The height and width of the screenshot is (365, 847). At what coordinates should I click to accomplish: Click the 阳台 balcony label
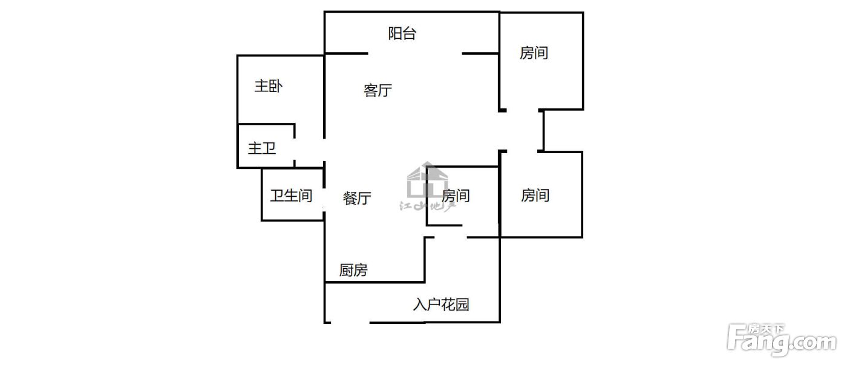tap(402, 33)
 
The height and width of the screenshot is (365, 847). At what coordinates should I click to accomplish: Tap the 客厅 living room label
tap(378, 90)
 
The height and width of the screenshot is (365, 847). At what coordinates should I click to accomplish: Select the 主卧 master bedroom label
tap(268, 86)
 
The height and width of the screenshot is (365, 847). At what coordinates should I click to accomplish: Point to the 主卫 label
tap(261, 148)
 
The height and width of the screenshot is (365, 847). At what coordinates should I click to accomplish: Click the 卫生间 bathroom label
tap(291, 196)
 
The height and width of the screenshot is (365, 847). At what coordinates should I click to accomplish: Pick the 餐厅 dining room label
tap(356, 198)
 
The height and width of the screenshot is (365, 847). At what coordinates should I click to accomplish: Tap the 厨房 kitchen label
tap(353, 270)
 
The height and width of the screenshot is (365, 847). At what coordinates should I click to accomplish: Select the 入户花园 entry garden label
tap(441, 304)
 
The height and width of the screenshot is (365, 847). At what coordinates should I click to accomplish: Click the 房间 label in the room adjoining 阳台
tap(534, 53)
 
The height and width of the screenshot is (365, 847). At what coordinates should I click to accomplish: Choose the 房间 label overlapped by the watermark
tap(456, 196)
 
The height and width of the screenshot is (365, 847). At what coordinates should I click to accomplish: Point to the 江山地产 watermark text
tap(427, 205)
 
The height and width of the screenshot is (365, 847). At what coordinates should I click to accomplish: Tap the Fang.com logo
tap(782, 340)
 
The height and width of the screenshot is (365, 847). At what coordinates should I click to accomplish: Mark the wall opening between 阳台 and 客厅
tap(415, 53)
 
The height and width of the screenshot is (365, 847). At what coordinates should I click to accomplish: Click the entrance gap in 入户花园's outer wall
tap(350, 323)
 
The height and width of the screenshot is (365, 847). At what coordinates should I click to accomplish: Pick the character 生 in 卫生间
tap(291, 196)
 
